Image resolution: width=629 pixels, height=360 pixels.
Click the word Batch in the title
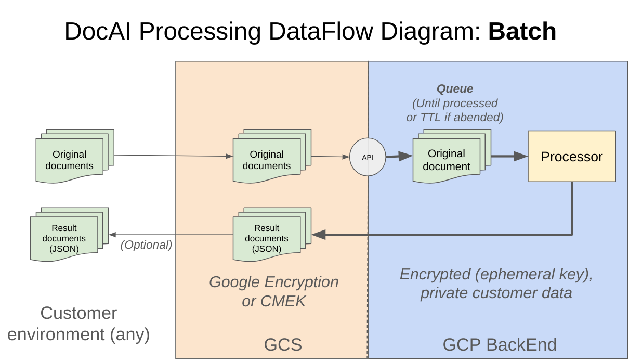point(522,32)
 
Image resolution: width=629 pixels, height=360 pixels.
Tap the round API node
point(368,157)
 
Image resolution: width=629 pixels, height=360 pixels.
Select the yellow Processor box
point(571,156)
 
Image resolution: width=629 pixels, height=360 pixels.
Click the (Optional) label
point(146,245)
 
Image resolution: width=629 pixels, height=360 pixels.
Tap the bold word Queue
point(455,89)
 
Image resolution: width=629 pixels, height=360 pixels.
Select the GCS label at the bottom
point(283,344)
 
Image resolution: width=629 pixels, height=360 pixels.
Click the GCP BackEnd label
point(500,344)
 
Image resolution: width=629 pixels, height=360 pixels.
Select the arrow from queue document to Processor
point(509,156)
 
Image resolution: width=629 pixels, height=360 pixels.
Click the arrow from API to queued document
point(399,156)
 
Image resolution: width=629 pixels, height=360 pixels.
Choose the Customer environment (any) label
point(78,324)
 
